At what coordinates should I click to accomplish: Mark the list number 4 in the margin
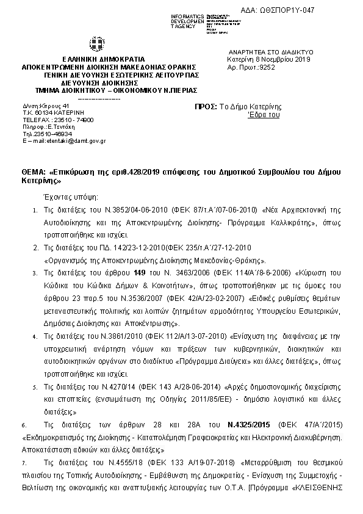(34, 336)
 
